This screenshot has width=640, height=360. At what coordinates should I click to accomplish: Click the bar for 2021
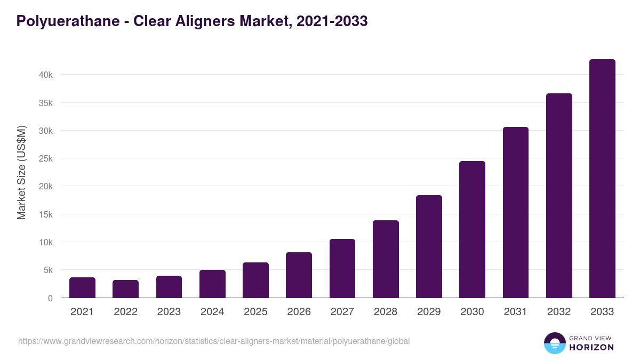82,287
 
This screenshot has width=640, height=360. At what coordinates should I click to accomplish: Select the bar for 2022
125,289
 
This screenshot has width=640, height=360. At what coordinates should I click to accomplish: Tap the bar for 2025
255,280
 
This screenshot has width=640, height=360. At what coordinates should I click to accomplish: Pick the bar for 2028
386,259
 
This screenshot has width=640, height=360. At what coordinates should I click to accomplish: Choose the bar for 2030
472,229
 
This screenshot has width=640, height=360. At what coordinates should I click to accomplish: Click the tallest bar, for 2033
602,179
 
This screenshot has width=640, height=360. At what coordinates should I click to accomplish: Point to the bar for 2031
515,212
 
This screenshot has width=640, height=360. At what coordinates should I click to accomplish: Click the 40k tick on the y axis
46,75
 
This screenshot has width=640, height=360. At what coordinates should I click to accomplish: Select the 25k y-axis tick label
46,159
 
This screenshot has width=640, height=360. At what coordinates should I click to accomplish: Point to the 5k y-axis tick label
48,270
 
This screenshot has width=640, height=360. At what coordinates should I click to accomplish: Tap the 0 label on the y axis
50,298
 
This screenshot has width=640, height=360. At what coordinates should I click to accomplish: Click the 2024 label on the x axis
212,312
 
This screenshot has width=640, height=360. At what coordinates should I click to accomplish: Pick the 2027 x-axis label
342,312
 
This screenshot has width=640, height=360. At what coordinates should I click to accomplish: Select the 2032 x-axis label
559,312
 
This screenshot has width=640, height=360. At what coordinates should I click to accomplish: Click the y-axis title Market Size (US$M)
21,172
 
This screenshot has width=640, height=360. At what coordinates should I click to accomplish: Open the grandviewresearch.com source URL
214,341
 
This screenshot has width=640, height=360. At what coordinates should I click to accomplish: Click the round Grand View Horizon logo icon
554,343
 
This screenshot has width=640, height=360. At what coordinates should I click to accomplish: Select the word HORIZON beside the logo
591,347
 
